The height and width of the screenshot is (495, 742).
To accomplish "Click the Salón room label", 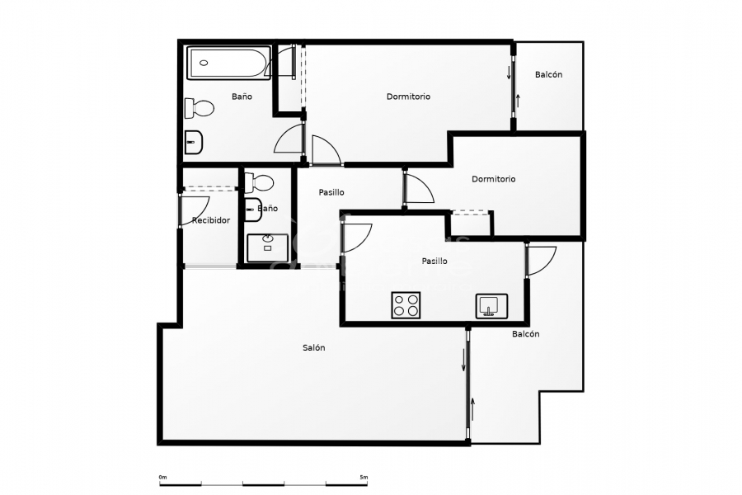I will pyautogui.click(x=313, y=348).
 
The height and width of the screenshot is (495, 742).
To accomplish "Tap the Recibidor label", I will pyautogui.click(x=210, y=220).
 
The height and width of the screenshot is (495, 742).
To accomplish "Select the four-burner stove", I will pyautogui.click(x=406, y=305).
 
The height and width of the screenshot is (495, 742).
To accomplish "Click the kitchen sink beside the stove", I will pyautogui.click(x=491, y=306).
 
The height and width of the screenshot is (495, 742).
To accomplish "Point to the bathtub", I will pyautogui.click(x=228, y=64).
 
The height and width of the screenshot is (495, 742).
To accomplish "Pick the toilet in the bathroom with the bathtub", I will pyautogui.click(x=200, y=107).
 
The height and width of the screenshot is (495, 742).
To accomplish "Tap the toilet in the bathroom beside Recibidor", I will pyautogui.click(x=263, y=181).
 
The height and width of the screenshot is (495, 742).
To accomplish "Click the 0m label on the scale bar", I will pyautogui.click(x=162, y=477).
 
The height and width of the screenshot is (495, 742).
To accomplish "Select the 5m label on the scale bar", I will pyautogui.click(x=364, y=477).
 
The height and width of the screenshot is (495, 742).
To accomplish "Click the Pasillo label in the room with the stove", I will pyautogui.click(x=434, y=261).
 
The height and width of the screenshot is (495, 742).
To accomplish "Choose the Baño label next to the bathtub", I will pyautogui.click(x=242, y=97).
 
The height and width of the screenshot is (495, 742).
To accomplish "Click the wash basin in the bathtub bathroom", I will pyautogui.click(x=194, y=142).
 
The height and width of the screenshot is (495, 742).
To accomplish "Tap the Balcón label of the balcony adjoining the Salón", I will pyautogui.click(x=525, y=334).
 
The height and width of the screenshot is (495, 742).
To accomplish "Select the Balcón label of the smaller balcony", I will pyautogui.click(x=548, y=75).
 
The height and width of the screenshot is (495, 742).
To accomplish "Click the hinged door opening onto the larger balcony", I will pyautogui.click(x=541, y=260).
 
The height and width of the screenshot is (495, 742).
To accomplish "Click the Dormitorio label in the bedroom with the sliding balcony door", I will pyautogui.click(x=408, y=97).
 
